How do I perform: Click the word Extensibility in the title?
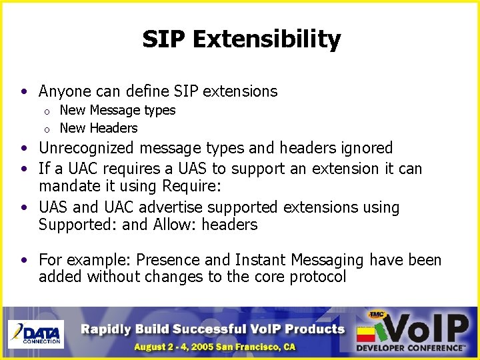[267, 39]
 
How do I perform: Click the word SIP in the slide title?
[164, 39]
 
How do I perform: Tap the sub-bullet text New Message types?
[117, 110]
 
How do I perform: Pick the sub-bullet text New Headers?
[99, 128]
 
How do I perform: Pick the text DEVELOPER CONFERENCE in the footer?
[409, 348]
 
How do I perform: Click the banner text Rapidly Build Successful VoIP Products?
[213, 328]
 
